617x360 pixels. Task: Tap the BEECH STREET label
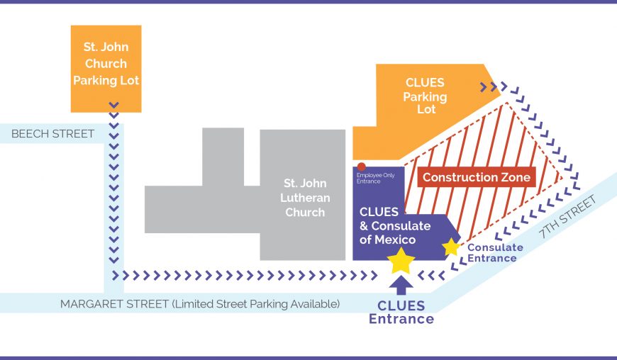(53, 133)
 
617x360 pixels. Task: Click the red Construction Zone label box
(476, 177)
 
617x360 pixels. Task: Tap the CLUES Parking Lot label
(425, 96)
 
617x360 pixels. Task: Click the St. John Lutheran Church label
(305, 198)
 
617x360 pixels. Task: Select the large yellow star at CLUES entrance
(401, 260)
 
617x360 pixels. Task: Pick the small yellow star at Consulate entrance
(451, 247)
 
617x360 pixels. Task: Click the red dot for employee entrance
(361, 167)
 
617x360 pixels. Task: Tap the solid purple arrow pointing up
(401, 285)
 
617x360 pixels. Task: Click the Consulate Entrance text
(495, 252)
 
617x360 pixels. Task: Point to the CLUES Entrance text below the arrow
(401, 312)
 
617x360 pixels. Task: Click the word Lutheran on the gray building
(305, 198)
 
